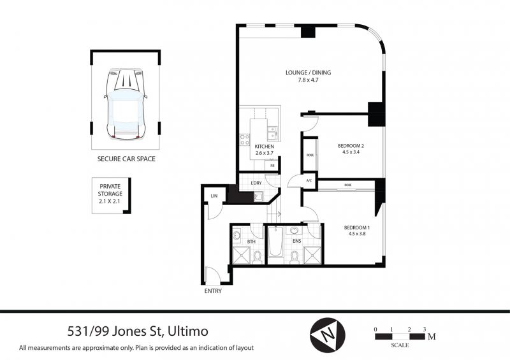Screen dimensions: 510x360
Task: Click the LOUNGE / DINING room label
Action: (x=308, y=73)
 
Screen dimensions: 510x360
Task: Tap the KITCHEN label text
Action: (x=264, y=147)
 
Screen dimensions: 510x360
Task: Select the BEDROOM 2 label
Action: (x=351, y=146)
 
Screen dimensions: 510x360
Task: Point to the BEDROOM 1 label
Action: (x=357, y=227)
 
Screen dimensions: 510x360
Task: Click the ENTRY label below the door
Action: (x=213, y=291)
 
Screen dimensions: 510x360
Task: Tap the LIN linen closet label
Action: (x=214, y=196)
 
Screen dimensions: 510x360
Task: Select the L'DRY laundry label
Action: (x=256, y=183)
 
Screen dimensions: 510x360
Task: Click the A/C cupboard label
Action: (x=309, y=181)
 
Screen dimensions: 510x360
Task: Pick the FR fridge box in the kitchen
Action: (x=273, y=166)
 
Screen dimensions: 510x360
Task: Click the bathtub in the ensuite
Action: (x=276, y=241)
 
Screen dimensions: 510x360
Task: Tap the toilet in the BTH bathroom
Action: (x=258, y=257)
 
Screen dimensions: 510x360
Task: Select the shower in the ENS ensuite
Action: (x=312, y=256)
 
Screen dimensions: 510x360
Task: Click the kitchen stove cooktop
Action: (x=245, y=140)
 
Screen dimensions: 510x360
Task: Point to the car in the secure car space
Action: (x=126, y=103)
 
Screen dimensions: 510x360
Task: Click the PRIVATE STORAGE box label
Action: (x=110, y=194)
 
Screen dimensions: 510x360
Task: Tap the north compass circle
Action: (x=327, y=335)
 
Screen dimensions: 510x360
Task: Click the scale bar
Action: (x=400, y=337)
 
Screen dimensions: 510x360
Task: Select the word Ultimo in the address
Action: (x=187, y=331)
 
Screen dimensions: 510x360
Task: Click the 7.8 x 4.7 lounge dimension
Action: (x=308, y=80)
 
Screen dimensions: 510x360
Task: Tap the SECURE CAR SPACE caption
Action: (x=126, y=159)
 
